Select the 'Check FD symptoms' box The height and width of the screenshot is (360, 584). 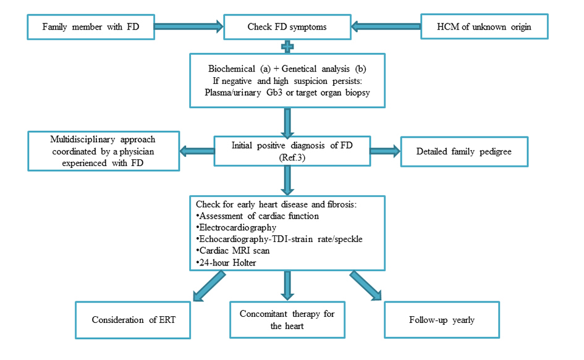point(287,27)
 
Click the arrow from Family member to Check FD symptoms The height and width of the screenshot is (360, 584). point(188,27)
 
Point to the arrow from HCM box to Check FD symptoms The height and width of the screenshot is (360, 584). point(385,27)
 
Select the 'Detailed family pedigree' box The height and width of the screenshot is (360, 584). point(464,152)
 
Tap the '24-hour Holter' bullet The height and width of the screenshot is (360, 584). point(226,262)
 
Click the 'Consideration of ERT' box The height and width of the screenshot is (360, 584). point(133,320)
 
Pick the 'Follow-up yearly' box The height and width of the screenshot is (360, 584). point(441,320)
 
